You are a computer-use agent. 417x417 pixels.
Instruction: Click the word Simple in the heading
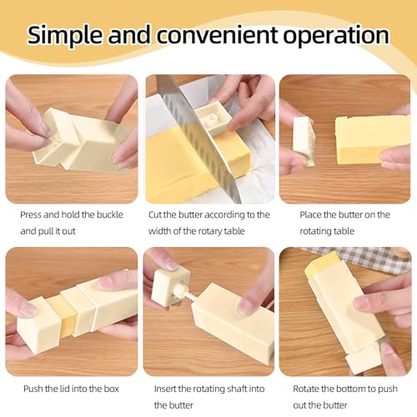tap(73, 34)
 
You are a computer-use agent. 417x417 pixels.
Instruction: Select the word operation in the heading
tap(343, 36)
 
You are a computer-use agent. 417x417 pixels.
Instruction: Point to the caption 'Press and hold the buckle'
tap(72, 214)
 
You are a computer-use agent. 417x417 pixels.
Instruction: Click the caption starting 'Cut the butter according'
tap(209, 214)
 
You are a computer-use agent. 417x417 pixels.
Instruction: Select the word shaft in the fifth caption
tap(239, 389)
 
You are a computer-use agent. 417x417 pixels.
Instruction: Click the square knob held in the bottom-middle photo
tap(169, 284)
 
